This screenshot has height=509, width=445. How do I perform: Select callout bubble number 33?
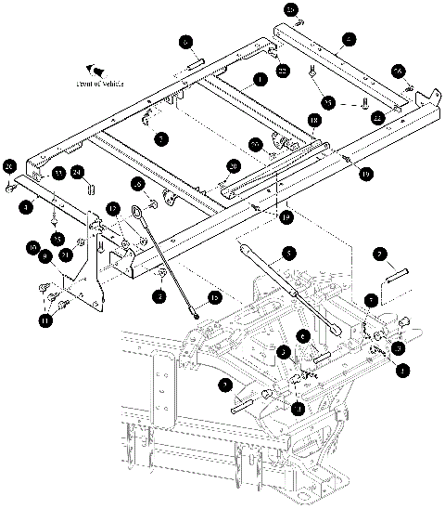click(x=57, y=173)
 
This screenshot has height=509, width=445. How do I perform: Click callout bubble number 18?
click(x=314, y=120)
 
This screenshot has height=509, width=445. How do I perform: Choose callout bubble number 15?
click(x=214, y=297)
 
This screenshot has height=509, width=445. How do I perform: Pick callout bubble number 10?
click(x=33, y=249)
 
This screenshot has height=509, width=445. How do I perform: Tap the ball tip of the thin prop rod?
click(x=197, y=314)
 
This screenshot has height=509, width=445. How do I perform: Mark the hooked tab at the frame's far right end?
click(x=429, y=96)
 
